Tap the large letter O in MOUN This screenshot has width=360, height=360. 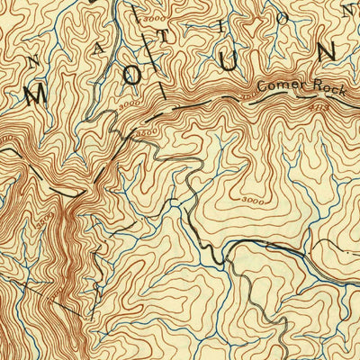coord(131,77)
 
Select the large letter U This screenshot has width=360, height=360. coord(229,61)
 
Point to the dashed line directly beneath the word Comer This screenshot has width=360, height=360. coord(274,98)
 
